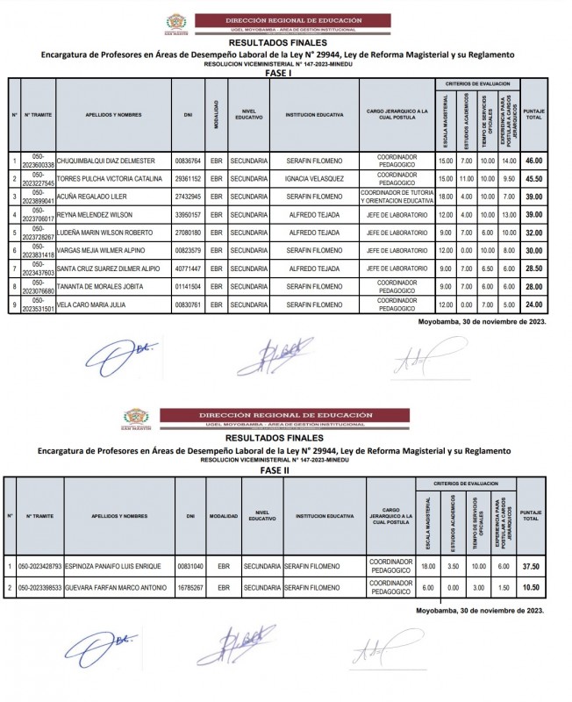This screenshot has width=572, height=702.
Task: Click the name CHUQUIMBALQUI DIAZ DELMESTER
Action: tap(105, 161)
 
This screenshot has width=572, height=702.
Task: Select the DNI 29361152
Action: tap(188, 178)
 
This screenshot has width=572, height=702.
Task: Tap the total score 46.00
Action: tap(533, 161)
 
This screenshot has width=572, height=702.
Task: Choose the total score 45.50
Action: tap(533, 178)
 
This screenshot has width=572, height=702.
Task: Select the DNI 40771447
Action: tap(188, 269)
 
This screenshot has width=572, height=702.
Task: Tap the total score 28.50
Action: tap(533, 269)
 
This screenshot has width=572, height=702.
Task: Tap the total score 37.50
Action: tap(532, 566)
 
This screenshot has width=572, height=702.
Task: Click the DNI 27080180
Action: tap(188, 233)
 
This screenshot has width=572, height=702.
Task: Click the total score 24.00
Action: tap(533, 304)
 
